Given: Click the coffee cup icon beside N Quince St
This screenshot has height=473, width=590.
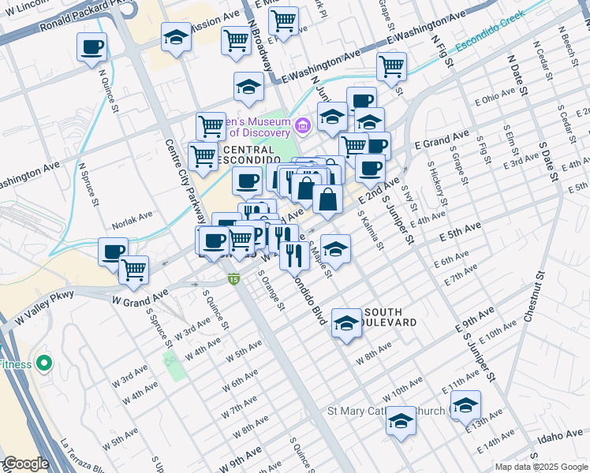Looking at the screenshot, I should point(92,47).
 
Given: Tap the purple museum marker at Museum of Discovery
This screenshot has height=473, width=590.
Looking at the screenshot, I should point(302,125).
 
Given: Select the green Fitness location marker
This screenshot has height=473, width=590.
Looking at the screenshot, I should point(43,363).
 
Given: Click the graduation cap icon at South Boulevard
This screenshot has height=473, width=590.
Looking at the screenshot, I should point(346,322).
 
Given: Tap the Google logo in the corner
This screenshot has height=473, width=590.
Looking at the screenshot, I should point(25,464).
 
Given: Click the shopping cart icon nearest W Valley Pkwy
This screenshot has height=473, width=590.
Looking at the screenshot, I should point(134,270).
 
